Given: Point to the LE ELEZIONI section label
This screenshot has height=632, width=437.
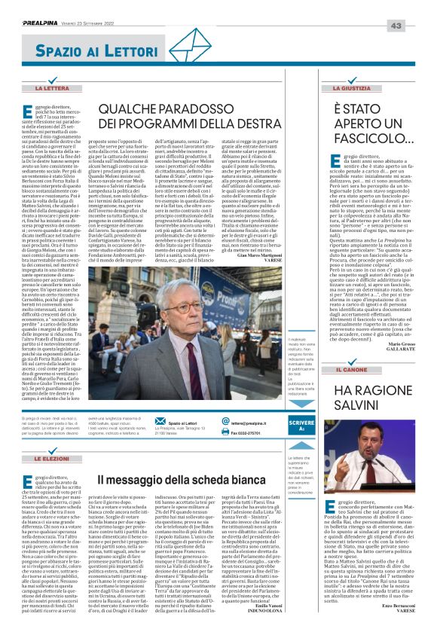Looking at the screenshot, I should coord(51,458).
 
